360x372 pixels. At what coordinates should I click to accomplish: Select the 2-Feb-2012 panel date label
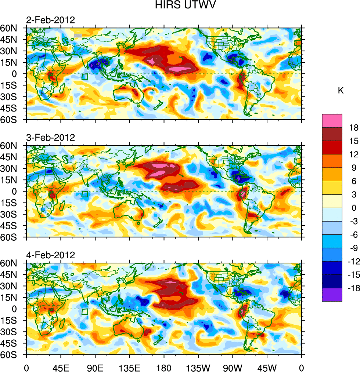[x=50, y=20]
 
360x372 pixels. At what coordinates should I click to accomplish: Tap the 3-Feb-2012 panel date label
[x=50, y=138]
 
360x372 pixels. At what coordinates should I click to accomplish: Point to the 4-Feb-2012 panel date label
[x=50, y=255]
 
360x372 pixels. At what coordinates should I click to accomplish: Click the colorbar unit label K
[x=341, y=90]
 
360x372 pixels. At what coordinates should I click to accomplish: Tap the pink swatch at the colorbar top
[x=332, y=121]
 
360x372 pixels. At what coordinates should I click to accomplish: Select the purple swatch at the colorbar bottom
[x=332, y=295]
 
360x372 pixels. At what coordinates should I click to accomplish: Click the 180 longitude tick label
[x=164, y=367]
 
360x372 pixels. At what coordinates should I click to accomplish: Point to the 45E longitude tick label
[x=61, y=367]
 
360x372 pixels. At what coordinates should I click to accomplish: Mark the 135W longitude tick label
[x=198, y=367]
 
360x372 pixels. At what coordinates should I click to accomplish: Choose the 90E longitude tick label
[x=95, y=367]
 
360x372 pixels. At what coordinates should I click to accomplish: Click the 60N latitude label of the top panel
[x=12, y=28]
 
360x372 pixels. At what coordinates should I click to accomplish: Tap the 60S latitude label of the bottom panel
[x=12, y=355]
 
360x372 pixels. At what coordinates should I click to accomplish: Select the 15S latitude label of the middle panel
[x=12, y=203]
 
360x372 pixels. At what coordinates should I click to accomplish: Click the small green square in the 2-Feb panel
[x=85, y=77]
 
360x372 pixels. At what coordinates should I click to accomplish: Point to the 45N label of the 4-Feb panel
[x=12, y=275]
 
